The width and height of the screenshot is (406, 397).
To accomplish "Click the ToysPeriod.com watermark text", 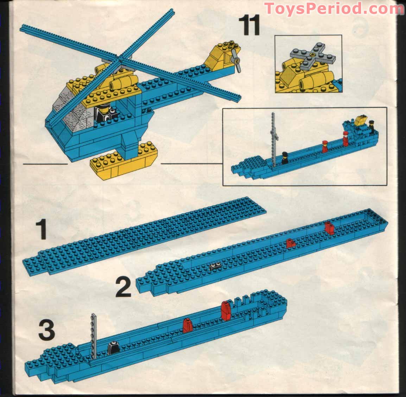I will click(334, 8).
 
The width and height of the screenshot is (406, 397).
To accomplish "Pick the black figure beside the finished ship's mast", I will click(284, 158).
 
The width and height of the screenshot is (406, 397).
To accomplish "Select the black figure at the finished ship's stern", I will click(372, 127).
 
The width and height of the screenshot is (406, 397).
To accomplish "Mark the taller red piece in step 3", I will click(226, 310).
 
